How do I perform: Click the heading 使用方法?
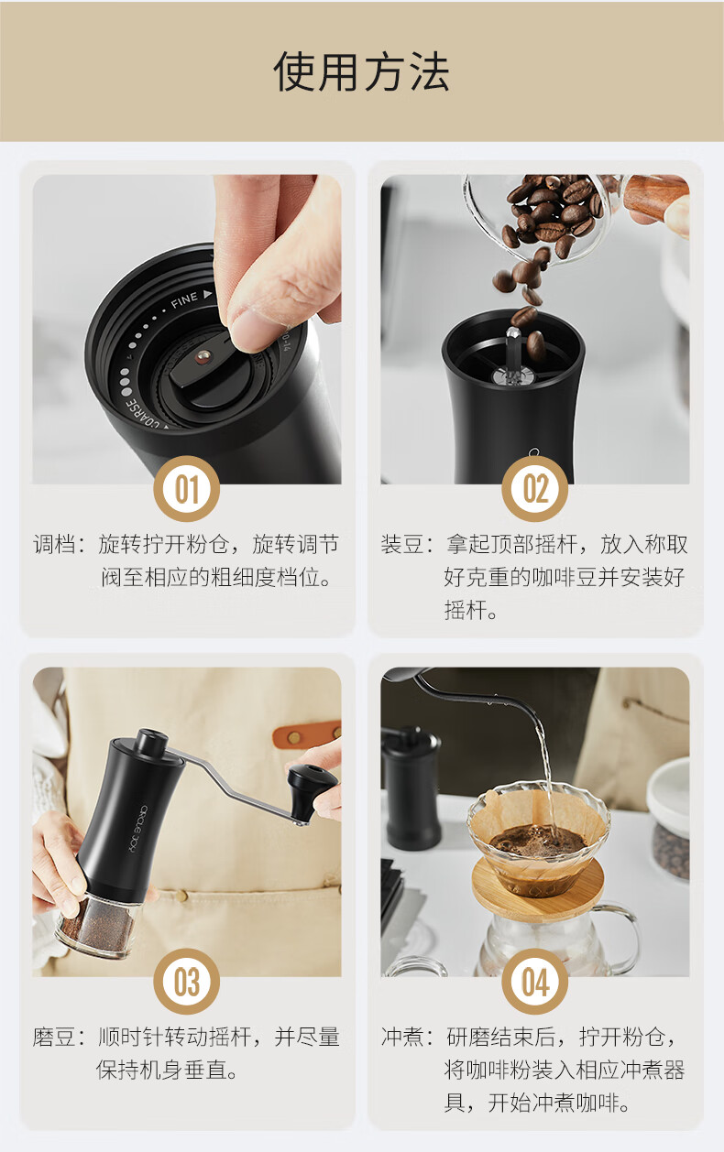pyautogui.click(x=361, y=72)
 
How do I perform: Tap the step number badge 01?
pyautogui.click(x=186, y=489)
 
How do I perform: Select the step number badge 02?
pyautogui.click(x=534, y=489)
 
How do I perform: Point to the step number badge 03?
pyautogui.click(x=186, y=982)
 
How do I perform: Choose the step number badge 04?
pyautogui.click(x=534, y=982)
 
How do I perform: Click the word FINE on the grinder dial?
pyautogui.click(x=184, y=299)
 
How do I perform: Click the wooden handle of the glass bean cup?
pyautogui.click(x=654, y=194)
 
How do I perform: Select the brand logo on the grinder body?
pyautogui.click(x=137, y=831)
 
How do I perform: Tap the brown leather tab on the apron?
pyautogui.click(x=307, y=734)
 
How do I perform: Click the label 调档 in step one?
pyautogui.click(x=55, y=544)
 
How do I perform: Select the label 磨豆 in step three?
pyautogui.click(x=53, y=1037)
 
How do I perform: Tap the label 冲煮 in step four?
pyautogui.click(x=402, y=1037)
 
